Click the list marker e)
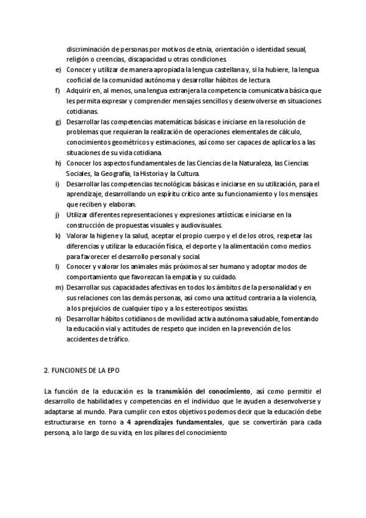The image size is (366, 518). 58,70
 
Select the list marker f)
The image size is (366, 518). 57,91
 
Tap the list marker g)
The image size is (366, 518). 58,122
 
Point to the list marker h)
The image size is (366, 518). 58,163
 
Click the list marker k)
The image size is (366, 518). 58,236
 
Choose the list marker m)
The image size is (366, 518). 59,287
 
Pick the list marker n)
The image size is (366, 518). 58,319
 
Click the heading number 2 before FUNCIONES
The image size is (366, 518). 46,371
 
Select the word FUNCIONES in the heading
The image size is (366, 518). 70,371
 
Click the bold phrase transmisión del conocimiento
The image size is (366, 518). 203,391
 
